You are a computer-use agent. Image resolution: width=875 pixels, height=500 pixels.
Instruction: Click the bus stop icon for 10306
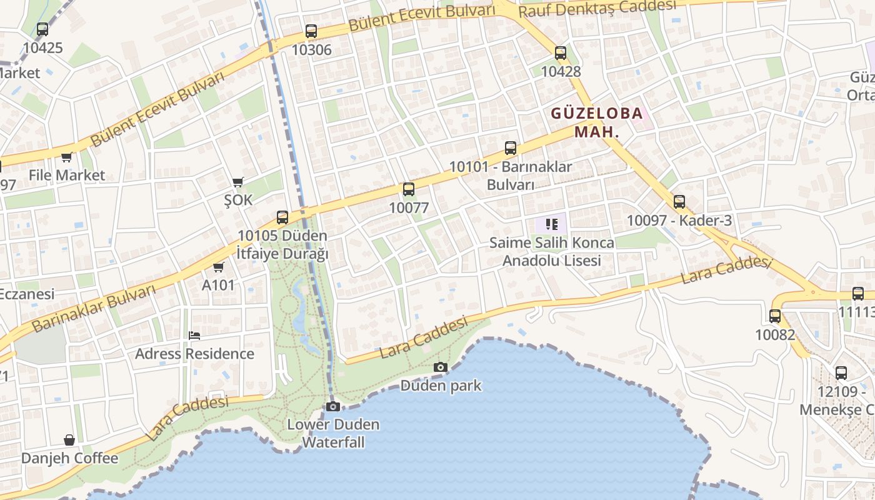click(311, 31)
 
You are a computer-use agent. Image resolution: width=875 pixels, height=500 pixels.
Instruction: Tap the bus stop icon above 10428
click(561, 53)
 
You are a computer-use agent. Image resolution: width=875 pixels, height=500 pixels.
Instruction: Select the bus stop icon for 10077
click(409, 189)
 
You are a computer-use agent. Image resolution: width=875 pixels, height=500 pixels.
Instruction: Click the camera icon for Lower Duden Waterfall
click(333, 407)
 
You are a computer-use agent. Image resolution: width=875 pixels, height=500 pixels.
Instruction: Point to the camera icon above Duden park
click(441, 367)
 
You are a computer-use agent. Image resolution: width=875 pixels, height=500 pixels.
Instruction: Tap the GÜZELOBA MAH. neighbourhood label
click(596, 122)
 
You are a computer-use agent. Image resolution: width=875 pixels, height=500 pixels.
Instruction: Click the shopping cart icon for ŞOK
click(237, 182)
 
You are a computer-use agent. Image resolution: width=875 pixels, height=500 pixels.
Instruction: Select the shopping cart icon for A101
click(218, 267)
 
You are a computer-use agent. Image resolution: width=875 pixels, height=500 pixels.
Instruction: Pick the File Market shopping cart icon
click(66, 157)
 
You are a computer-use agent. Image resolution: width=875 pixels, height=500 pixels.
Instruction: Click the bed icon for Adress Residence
click(194, 336)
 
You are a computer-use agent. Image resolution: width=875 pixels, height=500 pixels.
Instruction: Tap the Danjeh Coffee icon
click(69, 441)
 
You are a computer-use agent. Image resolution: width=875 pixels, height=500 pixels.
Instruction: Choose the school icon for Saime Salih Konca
click(551, 224)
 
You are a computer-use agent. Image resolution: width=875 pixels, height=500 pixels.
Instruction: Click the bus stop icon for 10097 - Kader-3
click(679, 202)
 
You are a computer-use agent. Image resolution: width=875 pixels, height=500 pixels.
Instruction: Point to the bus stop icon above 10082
click(775, 316)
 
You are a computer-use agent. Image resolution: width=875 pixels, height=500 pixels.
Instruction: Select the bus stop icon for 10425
click(42, 29)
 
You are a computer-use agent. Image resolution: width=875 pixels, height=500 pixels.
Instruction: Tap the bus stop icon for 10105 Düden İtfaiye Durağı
click(282, 217)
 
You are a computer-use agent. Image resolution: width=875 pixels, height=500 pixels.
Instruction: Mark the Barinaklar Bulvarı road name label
click(93, 309)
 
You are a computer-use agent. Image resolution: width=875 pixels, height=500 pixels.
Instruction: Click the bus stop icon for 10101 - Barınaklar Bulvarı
click(511, 148)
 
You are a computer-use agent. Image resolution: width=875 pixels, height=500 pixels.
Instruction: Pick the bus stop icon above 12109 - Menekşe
click(841, 374)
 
